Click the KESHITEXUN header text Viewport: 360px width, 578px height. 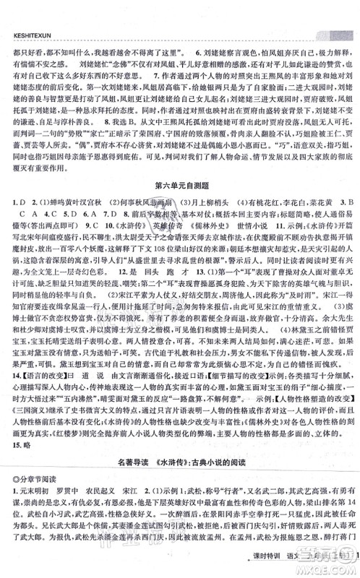tap(27, 12)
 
